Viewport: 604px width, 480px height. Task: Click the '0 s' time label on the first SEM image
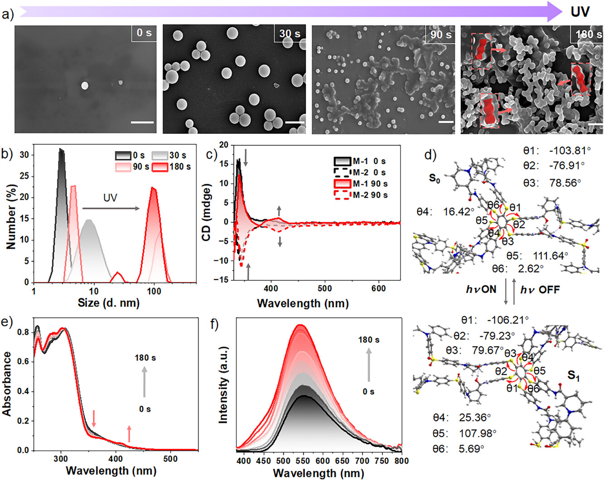[144, 33]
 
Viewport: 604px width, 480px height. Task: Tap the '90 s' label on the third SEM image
[440, 34]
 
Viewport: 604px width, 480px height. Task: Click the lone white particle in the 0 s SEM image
[84, 85]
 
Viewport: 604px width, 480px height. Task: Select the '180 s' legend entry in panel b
[180, 167]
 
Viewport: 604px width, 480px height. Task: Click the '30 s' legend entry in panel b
[177, 156]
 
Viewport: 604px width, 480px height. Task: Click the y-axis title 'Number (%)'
[11, 217]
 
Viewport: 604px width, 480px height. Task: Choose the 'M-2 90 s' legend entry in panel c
[370, 195]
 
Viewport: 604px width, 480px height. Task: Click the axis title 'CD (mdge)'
[207, 212]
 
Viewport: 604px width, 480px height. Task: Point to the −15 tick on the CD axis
[222, 280]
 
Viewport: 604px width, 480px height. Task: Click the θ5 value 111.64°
[550, 255]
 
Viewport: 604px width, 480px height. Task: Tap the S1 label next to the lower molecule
[574, 376]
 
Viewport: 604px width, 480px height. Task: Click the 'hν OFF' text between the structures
[540, 289]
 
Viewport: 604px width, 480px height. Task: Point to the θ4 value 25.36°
[474, 417]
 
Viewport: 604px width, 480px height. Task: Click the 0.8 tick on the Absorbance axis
[23, 332]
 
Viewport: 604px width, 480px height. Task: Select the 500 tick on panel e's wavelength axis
[170, 459]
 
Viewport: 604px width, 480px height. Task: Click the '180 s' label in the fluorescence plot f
[369, 340]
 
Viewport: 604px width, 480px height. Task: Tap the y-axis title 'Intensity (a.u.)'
[223, 386]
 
